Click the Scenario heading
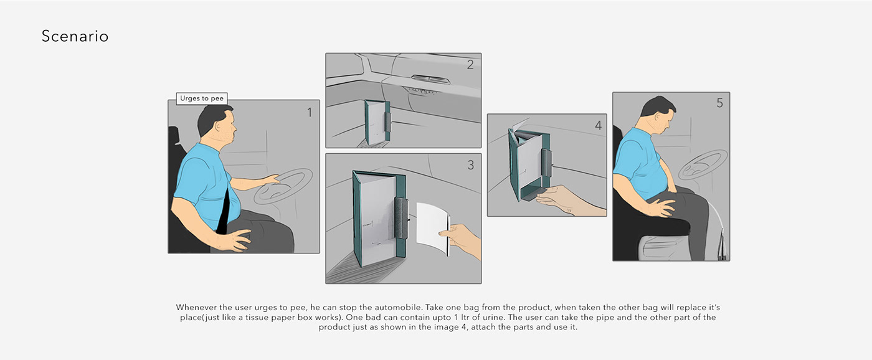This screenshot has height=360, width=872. coord(75,37)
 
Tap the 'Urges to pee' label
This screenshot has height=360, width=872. coord(202,98)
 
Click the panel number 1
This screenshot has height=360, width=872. coord(308,113)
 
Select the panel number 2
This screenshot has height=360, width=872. coord(470,64)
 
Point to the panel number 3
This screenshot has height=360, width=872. coord(470,165)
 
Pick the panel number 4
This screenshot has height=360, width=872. coord(598,125)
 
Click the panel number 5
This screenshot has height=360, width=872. coord(719,103)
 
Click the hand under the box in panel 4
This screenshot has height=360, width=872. coord(570,201)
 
